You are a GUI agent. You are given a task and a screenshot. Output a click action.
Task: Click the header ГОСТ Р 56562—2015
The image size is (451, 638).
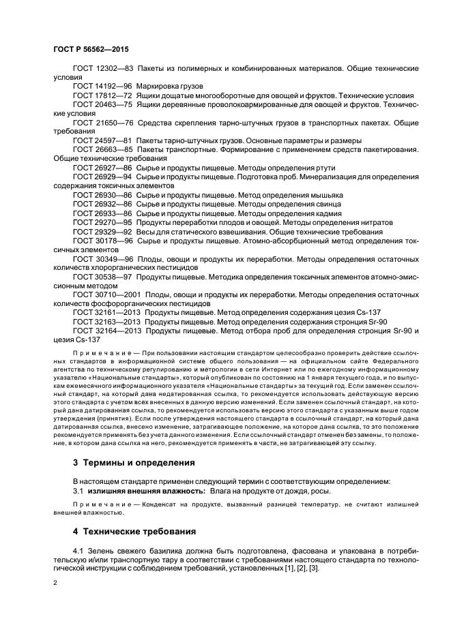tap(90, 50)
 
